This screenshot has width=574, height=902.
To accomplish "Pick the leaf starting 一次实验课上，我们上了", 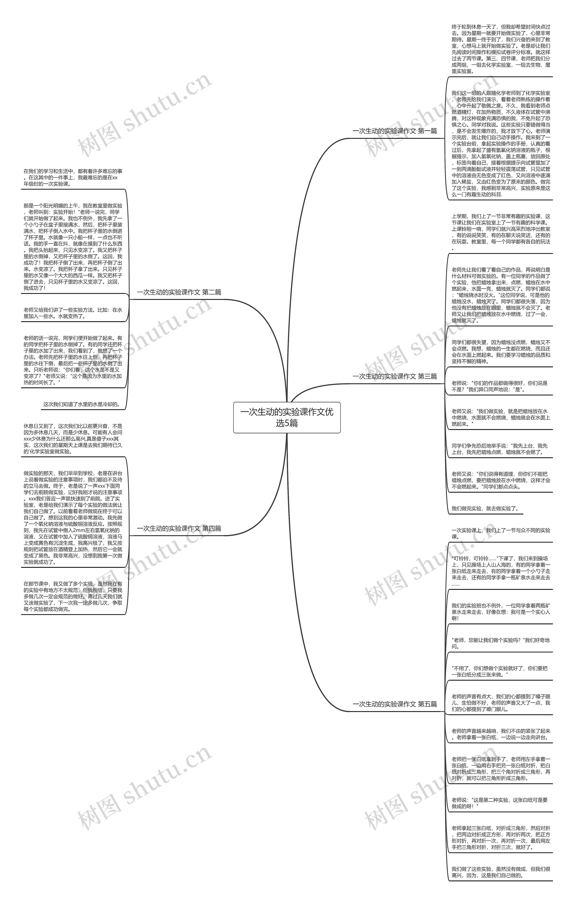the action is (501, 533).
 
